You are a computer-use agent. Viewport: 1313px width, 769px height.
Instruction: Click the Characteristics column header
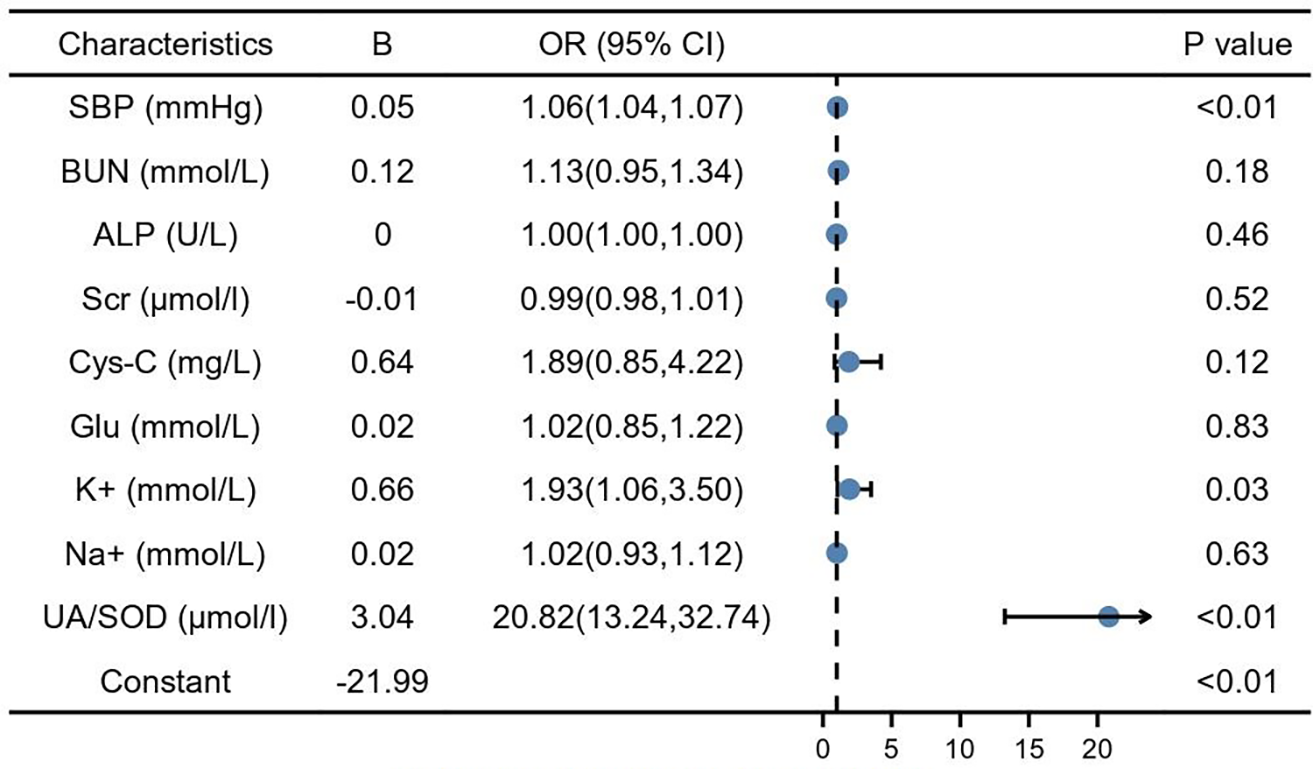[x=165, y=45]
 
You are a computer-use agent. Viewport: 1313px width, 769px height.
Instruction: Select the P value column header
[x=1237, y=45]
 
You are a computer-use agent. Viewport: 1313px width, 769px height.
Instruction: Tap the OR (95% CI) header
[x=631, y=45]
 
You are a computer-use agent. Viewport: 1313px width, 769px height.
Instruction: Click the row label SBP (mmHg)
[x=165, y=108]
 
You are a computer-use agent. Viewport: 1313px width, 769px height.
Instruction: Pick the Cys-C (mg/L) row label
[x=165, y=363]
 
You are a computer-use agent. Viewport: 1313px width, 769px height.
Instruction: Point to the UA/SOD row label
[x=165, y=617]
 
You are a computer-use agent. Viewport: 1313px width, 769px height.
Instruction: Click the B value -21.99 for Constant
[x=383, y=681]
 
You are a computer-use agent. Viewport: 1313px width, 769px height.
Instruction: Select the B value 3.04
[x=383, y=617]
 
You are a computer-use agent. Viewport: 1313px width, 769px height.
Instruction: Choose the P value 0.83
[x=1237, y=427]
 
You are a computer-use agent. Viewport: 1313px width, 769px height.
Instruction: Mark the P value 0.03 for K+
[x=1237, y=490]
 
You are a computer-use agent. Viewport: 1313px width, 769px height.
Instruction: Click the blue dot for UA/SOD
[x=1108, y=617]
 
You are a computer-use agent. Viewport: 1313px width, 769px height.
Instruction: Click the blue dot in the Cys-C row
[x=848, y=362]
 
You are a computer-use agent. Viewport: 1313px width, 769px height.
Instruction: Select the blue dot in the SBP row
[x=838, y=108]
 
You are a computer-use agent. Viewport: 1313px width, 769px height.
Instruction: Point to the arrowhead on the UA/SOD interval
[x=1146, y=617]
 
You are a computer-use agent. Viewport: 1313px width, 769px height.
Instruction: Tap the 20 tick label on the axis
[x=1097, y=749]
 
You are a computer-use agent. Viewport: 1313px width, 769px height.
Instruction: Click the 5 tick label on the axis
[x=891, y=749]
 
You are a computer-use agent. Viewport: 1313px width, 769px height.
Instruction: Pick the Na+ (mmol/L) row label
[x=165, y=554]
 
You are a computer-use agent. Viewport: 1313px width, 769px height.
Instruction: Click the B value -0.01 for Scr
[x=383, y=300]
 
